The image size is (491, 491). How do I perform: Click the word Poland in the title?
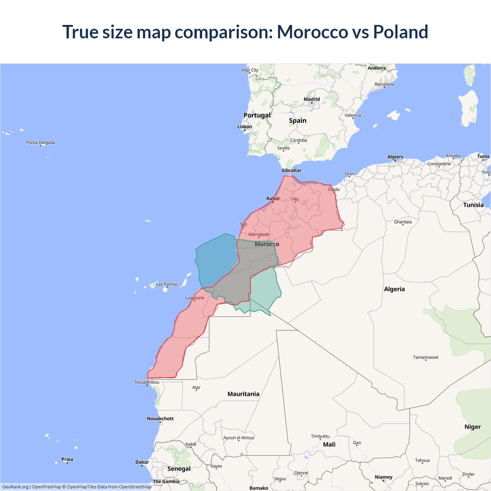400,32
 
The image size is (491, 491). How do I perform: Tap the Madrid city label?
311,99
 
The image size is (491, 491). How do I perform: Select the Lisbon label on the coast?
245,127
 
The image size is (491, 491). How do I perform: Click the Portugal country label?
257,115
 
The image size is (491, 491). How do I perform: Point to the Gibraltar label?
292,171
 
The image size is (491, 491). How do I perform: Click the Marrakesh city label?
259,235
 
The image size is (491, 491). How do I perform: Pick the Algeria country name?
394,289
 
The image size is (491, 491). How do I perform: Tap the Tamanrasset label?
425,358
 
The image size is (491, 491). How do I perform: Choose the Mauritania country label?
243,394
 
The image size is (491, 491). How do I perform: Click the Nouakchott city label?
160,419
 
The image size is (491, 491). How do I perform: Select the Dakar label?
142,462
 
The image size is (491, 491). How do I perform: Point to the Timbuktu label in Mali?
320,437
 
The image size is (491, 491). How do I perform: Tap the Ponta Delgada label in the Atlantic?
41,143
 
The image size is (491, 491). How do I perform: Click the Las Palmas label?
167,285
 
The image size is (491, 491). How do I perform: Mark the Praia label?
67,460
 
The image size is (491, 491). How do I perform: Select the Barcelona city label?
384,84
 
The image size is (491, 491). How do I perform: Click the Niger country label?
473,427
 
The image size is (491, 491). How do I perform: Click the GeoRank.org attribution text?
15,487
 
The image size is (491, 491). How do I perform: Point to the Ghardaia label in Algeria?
403,222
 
